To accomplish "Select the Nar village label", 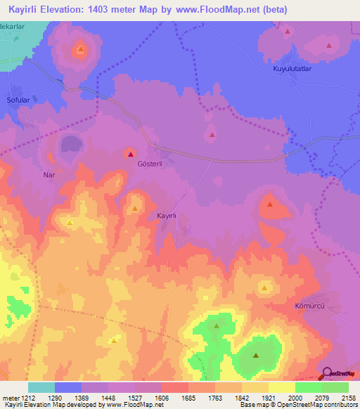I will tap(49, 174).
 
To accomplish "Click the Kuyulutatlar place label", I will tap(292, 70).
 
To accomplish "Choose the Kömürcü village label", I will tap(308, 308).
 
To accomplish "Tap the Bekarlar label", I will tap(12, 25).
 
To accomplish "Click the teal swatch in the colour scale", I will tap(41, 387).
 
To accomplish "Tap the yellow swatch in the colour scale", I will tap(281, 387).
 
